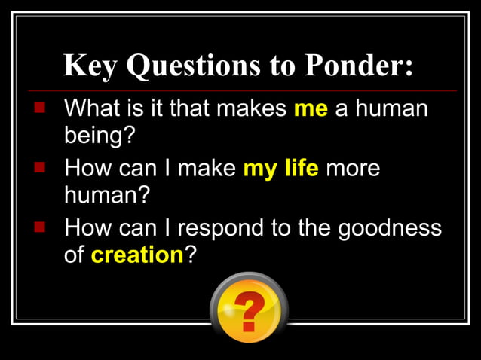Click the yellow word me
click(311, 109)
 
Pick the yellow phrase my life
click(280, 168)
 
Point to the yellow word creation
click(137, 255)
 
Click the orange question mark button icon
click(248, 307)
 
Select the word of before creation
click(75, 255)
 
